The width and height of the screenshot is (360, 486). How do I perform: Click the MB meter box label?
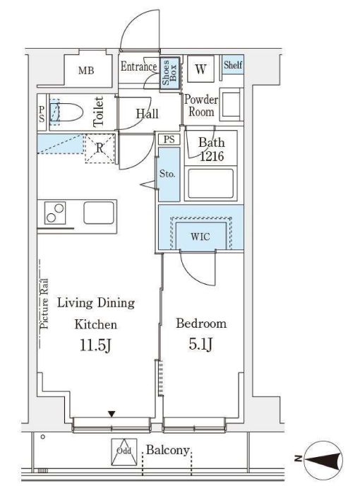tap(86, 71)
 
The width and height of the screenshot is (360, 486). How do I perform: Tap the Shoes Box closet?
tap(169, 73)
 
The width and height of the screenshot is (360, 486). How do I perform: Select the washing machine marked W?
tap(200, 69)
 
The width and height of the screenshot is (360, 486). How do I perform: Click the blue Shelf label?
tap(233, 64)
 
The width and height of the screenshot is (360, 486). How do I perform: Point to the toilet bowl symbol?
tap(66, 112)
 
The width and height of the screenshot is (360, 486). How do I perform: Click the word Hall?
tap(147, 114)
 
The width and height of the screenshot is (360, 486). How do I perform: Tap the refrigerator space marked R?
tap(100, 148)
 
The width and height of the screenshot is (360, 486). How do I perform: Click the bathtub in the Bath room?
tap(210, 183)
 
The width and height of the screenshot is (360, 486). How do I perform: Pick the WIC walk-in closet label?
tap(200, 237)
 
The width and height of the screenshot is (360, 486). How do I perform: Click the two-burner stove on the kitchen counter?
tap(55, 213)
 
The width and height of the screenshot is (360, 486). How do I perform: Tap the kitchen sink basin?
tap(99, 213)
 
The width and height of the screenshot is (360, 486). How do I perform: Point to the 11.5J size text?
tap(95, 345)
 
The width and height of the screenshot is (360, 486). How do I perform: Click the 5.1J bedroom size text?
tap(200, 344)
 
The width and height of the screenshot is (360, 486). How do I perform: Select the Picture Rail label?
tap(44, 304)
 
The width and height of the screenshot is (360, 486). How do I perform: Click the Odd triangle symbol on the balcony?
tap(124, 452)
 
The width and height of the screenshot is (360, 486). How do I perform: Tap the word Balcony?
tap(167, 450)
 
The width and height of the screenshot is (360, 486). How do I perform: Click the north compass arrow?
tap(324, 459)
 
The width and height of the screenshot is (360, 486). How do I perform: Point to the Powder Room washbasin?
tap(231, 104)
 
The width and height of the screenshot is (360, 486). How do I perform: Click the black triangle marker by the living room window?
tap(112, 414)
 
